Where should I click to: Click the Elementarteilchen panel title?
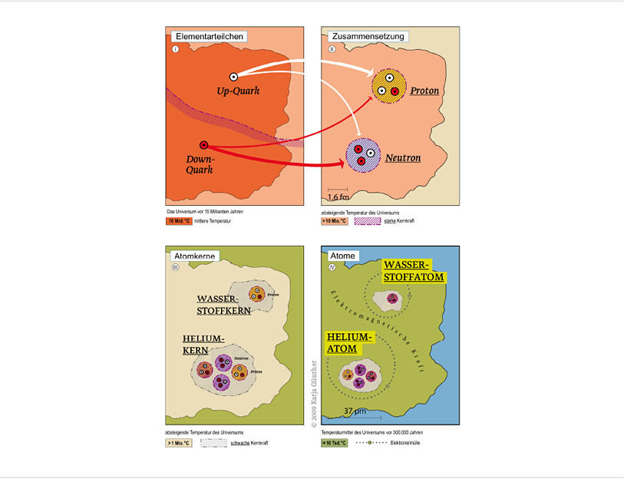(210, 36)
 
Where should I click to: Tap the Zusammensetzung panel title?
(367, 36)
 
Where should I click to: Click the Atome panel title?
(342, 255)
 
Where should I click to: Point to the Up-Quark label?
(238, 91)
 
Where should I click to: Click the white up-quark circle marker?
(233, 76)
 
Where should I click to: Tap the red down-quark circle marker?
(203, 144)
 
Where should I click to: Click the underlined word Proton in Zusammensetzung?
(424, 91)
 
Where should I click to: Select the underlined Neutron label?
(403, 158)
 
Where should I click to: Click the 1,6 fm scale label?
(338, 198)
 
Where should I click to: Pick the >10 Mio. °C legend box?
(334, 221)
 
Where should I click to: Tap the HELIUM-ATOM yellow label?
(348, 343)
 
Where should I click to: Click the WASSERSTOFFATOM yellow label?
(414, 270)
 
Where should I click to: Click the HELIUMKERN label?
(203, 345)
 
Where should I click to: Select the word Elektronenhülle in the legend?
(406, 443)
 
